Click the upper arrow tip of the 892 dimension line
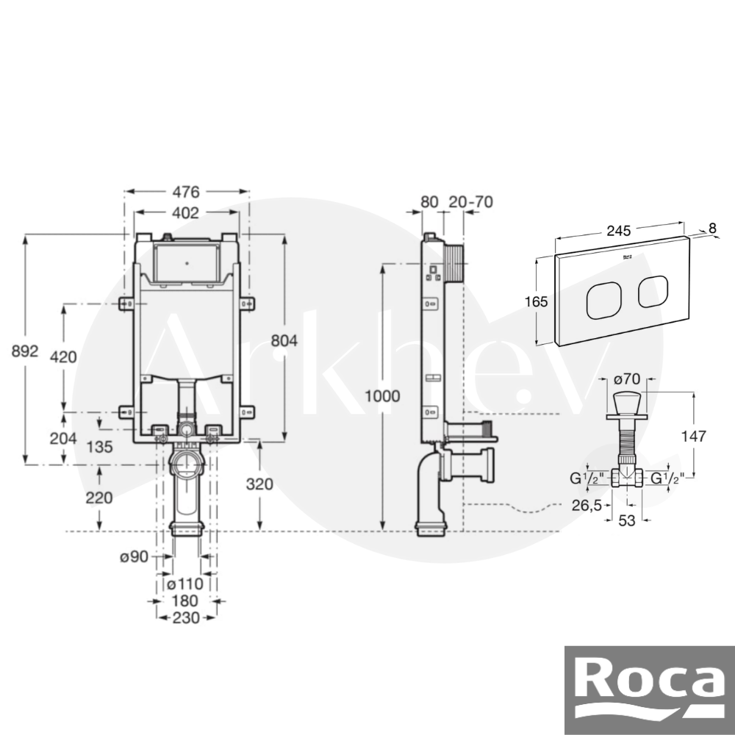tap(25, 234)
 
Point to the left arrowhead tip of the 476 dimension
tap(125, 191)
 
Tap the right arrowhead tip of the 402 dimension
tap(240, 212)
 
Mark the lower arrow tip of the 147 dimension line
tap(693, 478)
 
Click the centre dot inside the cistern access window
tap(187, 263)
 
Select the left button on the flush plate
tap(603, 301)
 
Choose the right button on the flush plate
tap(653, 292)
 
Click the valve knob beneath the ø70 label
tap(626, 401)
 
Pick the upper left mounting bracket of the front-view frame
tap(126, 304)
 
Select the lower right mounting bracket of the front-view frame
tap(247, 412)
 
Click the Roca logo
tap(650, 690)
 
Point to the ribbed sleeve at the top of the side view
tap(453, 263)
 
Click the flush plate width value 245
tap(619, 231)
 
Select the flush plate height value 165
tap(537, 301)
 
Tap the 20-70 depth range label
tap(470, 201)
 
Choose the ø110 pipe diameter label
tap(185, 584)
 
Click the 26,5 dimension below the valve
tap(587, 506)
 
